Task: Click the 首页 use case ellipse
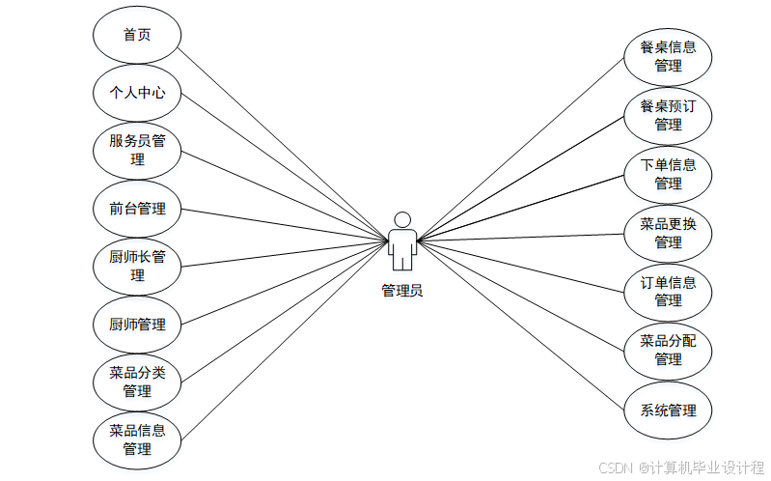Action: pyautogui.click(x=137, y=35)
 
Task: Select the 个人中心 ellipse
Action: pyautogui.click(x=137, y=93)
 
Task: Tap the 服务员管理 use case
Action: pyautogui.click(x=137, y=151)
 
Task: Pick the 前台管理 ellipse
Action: pyautogui.click(x=137, y=209)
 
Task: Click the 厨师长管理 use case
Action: pyautogui.click(x=137, y=267)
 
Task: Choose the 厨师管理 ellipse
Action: pyautogui.click(x=137, y=325)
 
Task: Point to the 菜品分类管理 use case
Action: pyautogui.click(x=137, y=382)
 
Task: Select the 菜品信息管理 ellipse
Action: pyautogui.click(x=137, y=439)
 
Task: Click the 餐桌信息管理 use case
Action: pyautogui.click(x=668, y=56)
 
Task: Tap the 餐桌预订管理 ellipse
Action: pyautogui.click(x=668, y=115)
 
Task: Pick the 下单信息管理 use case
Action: pyautogui.click(x=668, y=174)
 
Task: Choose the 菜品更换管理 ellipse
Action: pyautogui.click(x=668, y=233)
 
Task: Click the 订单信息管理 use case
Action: pyautogui.click(x=668, y=292)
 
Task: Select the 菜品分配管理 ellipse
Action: pyautogui.click(x=668, y=350)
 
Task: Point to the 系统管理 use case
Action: pyautogui.click(x=668, y=410)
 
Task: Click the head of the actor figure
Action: pyautogui.click(x=402, y=219)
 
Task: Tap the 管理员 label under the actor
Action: pyautogui.click(x=402, y=290)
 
